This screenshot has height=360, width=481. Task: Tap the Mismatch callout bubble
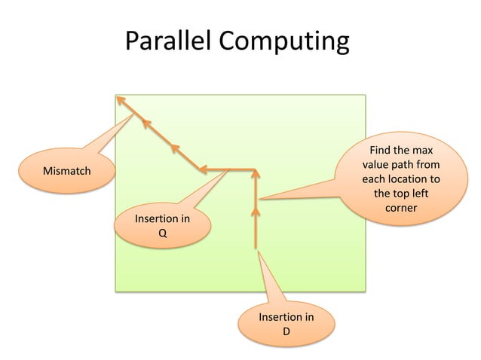tap(66, 171)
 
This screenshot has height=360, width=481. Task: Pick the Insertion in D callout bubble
tap(286, 324)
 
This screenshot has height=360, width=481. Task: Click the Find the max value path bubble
tap(400, 176)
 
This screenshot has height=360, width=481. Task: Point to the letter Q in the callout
tap(162, 233)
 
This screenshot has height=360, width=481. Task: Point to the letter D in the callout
tap(286, 331)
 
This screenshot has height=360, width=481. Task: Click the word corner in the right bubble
tap(400, 207)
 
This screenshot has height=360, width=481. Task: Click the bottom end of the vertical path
tap(256, 247)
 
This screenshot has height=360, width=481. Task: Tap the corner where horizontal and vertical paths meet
tap(256, 169)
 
